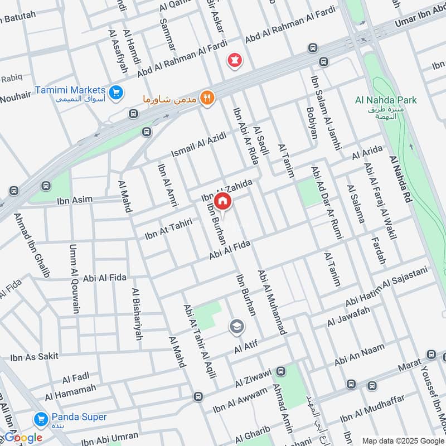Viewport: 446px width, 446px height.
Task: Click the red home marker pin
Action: [222, 201]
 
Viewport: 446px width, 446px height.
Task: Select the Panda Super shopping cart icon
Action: [40, 418]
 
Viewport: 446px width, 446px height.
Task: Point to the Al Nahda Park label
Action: [386, 100]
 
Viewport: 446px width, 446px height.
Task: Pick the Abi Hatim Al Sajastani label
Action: [386, 286]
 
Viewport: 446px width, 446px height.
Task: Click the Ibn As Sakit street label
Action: [35, 357]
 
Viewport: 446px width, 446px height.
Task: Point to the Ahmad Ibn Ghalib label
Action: [32, 245]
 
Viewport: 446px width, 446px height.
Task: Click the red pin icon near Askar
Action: [233, 59]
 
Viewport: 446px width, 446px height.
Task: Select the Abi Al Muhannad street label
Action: [272, 303]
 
